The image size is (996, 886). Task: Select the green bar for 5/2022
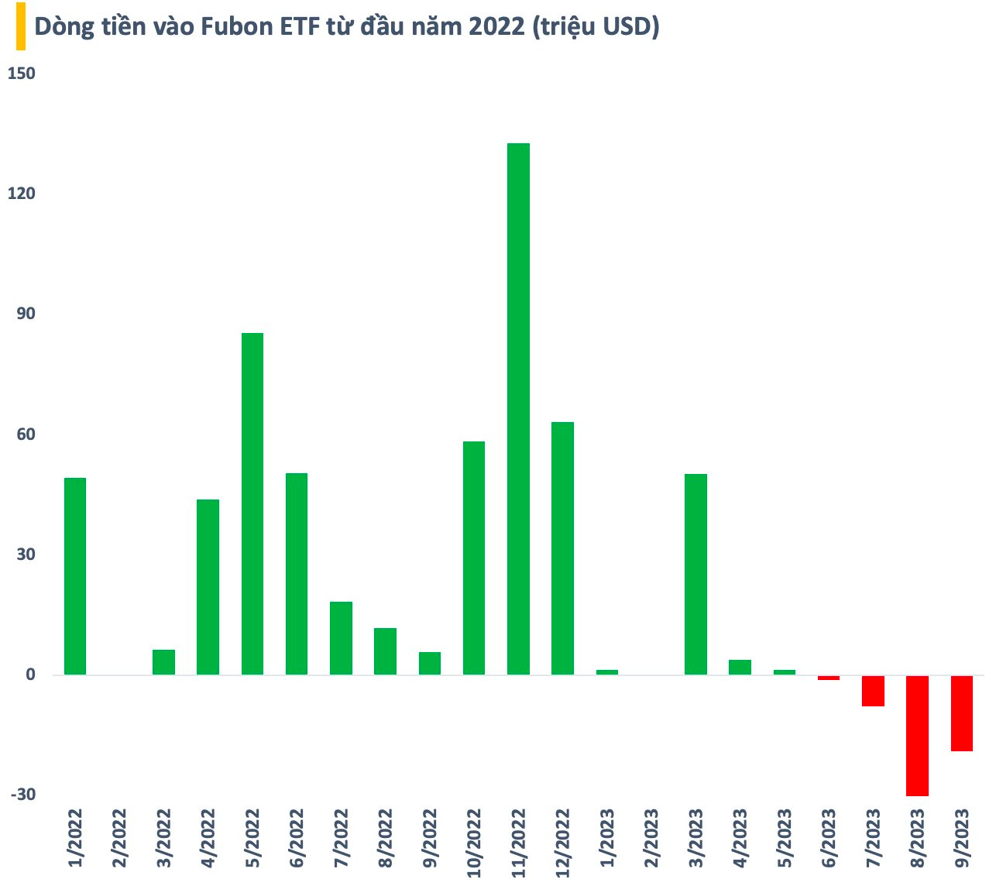pyautogui.click(x=252, y=503)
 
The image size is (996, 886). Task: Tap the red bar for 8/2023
pyautogui.click(x=917, y=735)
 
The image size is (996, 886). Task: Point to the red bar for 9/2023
pyautogui.click(x=961, y=713)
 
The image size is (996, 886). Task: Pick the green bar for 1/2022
pyautogui.click(x=75, y=576)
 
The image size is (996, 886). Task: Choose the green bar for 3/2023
pyautogui.click(x=695, y=574)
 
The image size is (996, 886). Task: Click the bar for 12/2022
pyautogui.click(x=562, y=548)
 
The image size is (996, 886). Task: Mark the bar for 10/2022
pyautogui.click(x=474, y=558)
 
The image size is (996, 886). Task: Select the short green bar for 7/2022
pyautogui.click(x=341, y=638)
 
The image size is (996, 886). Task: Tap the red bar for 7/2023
pyautogui.click(x=873, y=691)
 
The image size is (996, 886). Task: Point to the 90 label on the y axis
pyautogui.click(x=26, y=314)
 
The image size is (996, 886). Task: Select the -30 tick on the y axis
pyautogui.click(x=22, y=795)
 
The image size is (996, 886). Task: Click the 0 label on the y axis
pyautogui.click(x=31, y=675)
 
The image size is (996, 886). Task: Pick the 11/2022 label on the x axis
pyautogui.click(x=518, y=843)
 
